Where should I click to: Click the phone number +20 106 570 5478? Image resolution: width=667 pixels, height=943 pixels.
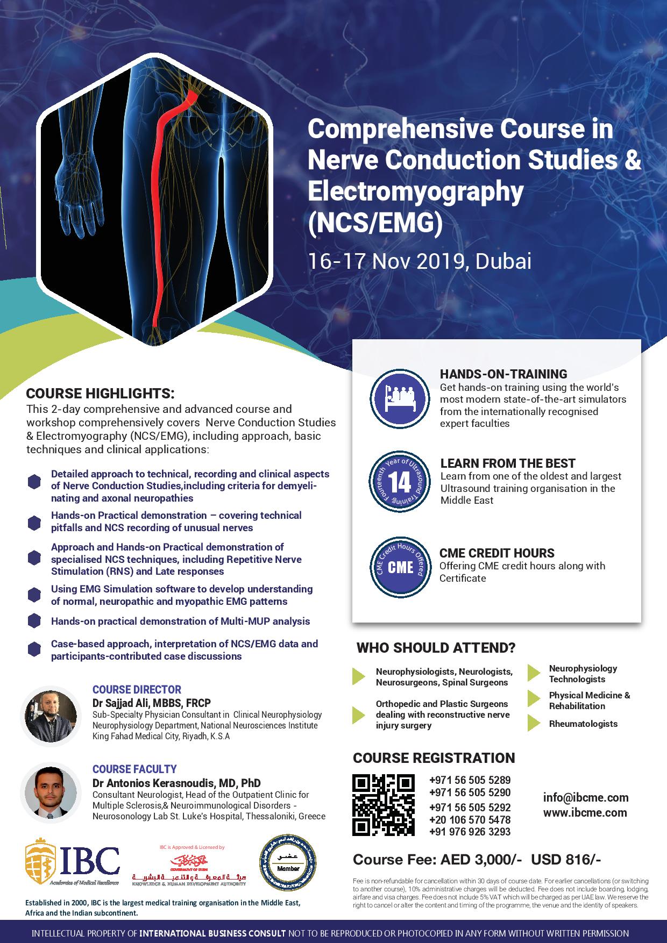tap(470, 819)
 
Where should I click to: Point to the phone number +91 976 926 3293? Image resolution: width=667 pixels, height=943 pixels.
tap(470, 832)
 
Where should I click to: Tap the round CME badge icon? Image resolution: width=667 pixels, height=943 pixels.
tap(400, 568)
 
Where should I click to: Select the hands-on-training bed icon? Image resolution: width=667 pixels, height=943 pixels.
tap(400, 397)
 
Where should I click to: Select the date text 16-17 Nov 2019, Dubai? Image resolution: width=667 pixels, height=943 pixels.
tap(419, 261)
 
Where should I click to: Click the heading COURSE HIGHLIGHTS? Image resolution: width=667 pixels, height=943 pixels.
tap(101, 393)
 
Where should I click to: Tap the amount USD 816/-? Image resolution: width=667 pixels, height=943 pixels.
tap(566, 860)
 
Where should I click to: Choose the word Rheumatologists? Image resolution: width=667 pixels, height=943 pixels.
tap(583, 724)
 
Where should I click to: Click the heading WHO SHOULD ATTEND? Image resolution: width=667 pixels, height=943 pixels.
tap(436, 648)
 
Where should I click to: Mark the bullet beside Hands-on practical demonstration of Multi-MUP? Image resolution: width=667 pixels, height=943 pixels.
tap(34, 621)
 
